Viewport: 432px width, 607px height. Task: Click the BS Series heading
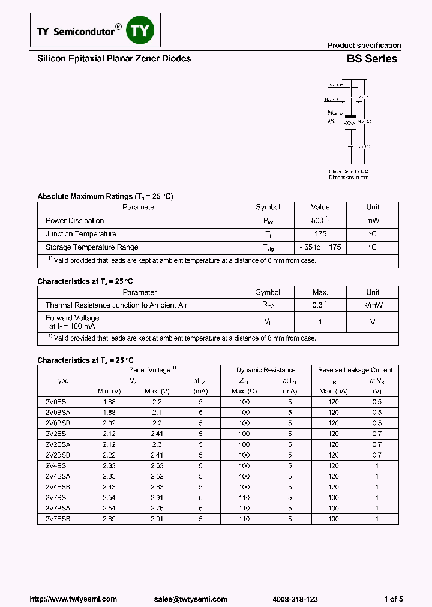click(371, 59)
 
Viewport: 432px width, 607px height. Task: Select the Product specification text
click(364, 46)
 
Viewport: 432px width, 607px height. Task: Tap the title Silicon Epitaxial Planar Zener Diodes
click(114, 59)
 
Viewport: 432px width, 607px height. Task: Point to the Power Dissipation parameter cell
click(75, 221)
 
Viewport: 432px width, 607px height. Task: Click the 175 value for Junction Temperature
click(320, 234)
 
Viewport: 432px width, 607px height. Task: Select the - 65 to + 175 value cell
click(320, 247)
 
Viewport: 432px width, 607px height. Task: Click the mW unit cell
click(373, 221)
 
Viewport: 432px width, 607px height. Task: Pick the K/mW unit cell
click(373, 305)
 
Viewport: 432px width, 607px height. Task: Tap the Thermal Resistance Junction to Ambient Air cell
click(116, 305)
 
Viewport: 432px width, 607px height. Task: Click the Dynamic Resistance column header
click(266, 371)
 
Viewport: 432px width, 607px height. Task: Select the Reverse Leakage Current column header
click(355, 371)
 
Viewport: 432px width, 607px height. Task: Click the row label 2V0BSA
click(58, 413)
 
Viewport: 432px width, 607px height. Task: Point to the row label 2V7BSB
click(58, 519)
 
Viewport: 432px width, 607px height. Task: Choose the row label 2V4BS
click(56, 465)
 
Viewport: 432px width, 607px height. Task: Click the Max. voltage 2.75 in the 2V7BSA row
click(157, 508)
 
